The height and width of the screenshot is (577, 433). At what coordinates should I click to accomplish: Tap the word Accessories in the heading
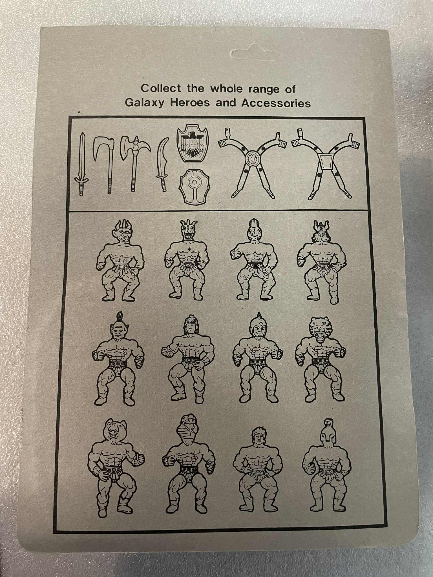(276, 103)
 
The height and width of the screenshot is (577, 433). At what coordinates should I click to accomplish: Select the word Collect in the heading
(161, 88)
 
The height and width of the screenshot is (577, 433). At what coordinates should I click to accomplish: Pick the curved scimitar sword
(163, 165)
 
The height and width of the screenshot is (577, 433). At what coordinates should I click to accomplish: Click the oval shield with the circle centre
(195, 186)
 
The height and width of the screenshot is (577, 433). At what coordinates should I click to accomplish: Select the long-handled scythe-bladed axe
(105, 165)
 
